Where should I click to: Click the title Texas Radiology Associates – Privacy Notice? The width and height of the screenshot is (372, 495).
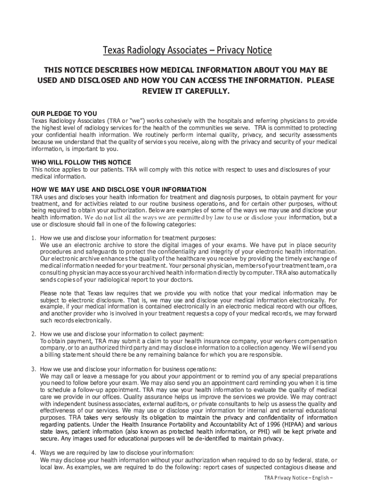(x=187, y=50)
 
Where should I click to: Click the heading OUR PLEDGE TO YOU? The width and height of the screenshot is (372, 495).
(x=64, y=114)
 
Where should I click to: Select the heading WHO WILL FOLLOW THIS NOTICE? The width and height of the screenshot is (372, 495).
(x=81, y=162)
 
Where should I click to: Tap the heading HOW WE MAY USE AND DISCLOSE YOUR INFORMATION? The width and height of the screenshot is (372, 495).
(x=119, y=189)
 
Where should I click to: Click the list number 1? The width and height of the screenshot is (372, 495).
(x=34, y=238)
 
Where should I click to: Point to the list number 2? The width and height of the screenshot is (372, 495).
(x=34, y=334)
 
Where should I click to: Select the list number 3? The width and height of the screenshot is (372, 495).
(x=34, y=369)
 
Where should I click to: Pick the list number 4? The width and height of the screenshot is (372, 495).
(x=34, y=453)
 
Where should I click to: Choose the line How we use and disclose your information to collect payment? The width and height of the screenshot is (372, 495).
(x=122, y=334)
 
